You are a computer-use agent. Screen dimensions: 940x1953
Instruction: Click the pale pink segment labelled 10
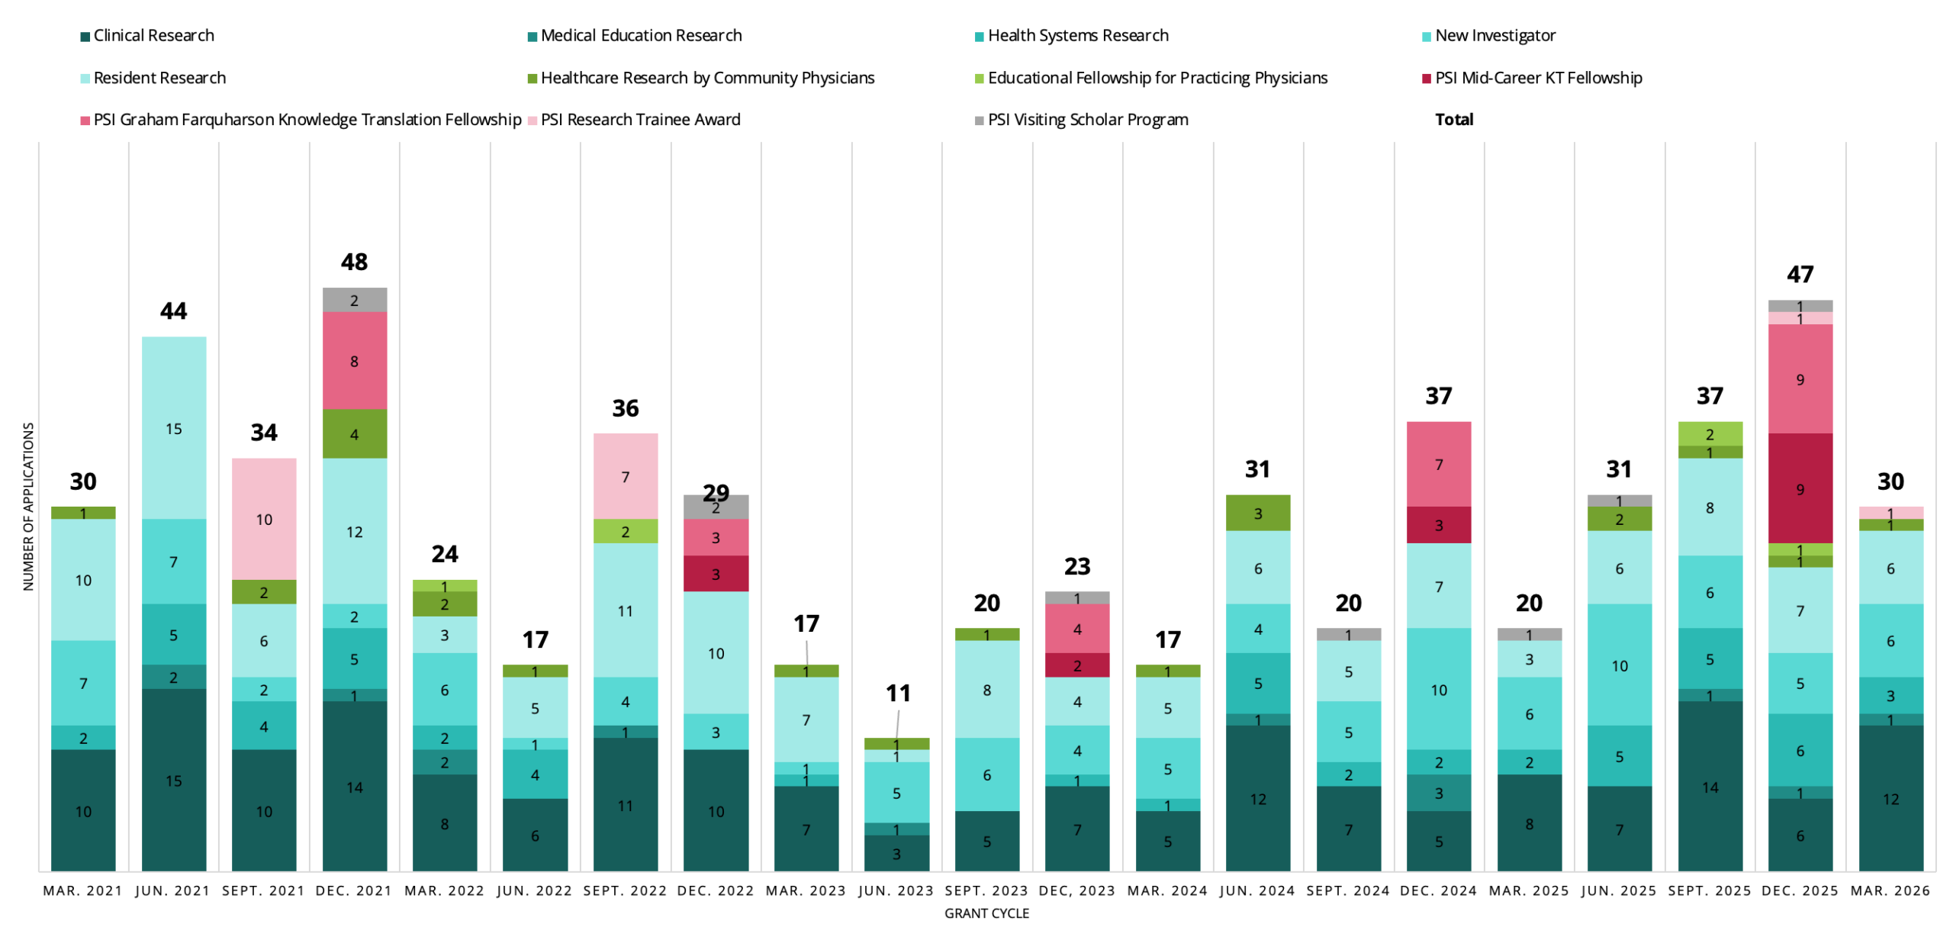tap(264, 519)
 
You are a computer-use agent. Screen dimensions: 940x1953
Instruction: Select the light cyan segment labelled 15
tap(174, 428)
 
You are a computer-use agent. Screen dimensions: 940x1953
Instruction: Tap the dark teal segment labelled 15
tap(174, 780)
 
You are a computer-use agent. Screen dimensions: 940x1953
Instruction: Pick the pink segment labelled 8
tap(355, 361)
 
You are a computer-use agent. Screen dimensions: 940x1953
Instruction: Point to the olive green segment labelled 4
tap(355, 434)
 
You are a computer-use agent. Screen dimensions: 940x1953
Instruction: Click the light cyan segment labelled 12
tap(355, 531)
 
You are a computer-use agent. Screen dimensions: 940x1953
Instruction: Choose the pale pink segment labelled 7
tap(626, 476)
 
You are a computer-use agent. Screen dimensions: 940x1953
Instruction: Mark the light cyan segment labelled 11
tap(626, 610)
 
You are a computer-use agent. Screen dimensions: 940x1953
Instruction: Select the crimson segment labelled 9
tap(1800, 488)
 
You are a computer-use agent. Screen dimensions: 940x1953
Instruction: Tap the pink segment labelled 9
tap(1800, 379)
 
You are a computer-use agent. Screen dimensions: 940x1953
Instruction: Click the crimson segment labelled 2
tap(1077, 665)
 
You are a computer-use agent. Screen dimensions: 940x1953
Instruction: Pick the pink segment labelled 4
tap(1077, 629)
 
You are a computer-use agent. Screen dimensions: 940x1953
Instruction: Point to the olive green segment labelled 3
tap(1258, 513)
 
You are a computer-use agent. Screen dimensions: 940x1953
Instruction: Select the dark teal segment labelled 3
tap(896, 853)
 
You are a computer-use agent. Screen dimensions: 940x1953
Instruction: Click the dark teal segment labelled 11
tap(626, 804)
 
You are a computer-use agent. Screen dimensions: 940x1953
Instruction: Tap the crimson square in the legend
tap(1427, 79)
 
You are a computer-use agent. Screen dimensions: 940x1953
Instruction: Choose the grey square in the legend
tap(980, 121)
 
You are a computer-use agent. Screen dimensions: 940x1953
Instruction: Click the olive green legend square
tap(532, 79)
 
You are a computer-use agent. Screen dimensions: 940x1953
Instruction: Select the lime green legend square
tap(980, 79)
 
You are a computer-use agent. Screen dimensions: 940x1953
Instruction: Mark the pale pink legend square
tap(532, 121)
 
